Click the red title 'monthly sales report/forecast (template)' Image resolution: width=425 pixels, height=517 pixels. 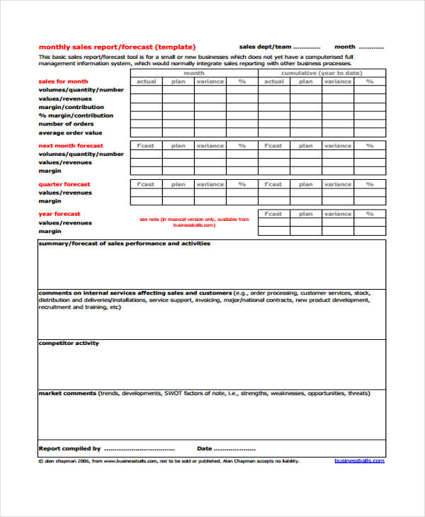117,47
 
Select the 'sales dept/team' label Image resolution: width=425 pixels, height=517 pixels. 264,47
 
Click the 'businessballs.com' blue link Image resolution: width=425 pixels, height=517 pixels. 359,460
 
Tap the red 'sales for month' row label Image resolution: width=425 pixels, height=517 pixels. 63,81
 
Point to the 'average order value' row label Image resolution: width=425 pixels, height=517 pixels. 70,132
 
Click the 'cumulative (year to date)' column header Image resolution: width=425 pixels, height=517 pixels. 322,73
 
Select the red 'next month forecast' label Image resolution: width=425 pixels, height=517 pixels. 70,145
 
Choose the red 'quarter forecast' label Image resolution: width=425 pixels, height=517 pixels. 64,184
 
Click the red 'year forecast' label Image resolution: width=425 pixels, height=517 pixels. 59,214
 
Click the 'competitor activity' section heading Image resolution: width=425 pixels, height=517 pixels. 69,343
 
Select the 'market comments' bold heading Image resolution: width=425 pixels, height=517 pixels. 67,392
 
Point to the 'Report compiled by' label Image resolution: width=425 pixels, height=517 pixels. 69,448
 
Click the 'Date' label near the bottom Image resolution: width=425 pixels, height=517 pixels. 204,448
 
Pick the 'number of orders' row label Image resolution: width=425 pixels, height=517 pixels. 66,124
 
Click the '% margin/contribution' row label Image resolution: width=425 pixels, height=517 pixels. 76,115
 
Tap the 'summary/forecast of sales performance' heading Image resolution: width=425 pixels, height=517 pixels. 124,243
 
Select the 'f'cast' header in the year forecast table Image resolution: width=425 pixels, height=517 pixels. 273,214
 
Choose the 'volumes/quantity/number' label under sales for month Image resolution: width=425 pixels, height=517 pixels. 81,90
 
